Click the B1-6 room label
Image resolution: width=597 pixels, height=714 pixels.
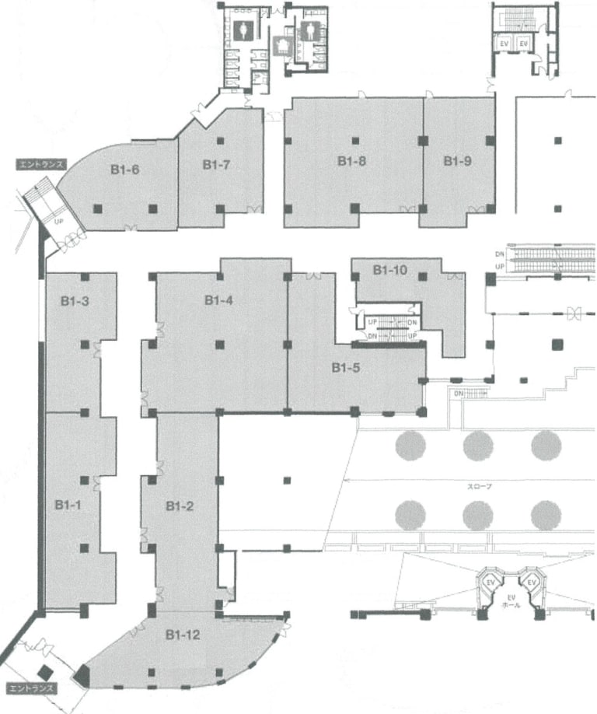pyautogui.click(x=124, y=167)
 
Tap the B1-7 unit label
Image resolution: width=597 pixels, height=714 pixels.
pyautogui.click(x=215, y=164)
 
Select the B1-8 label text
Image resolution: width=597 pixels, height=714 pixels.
pyautogui.click(x=351, y=161)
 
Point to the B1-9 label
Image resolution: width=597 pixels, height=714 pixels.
pyautogui.click(x=458, y=161)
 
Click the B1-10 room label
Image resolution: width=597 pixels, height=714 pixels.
pyautogui.click(x=390, y=271)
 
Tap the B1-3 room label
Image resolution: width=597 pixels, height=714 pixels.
pyautogui.click(x=73, y=299)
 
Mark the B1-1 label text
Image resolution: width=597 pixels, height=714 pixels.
pyautogui.click(x=68, y=505)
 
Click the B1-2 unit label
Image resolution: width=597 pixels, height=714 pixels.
pyautogui.click(x=180, y=506)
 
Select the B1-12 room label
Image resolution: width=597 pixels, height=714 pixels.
pyautogui.click(x=183, y=635)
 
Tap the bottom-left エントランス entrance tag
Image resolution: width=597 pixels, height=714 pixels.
pyautogui.click(x=30, y=688)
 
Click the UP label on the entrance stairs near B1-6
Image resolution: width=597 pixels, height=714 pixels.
pyautogui.click(x=58, y=219)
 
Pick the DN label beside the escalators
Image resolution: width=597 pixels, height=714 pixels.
pyautogui.click(x=499, y=254)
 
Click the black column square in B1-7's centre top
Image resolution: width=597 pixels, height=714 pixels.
pyautogui.click(x=221, y=140)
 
